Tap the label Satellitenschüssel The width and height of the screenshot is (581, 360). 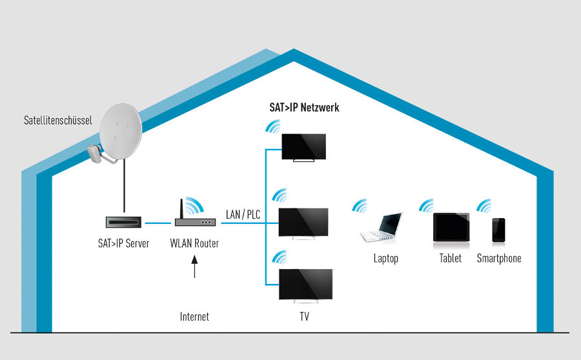(x=56, y=120)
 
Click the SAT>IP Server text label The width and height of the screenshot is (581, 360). (x=120, y=244)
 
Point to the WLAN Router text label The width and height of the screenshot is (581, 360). (x=194, y=244)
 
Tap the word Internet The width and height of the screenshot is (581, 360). (x=194, y=317)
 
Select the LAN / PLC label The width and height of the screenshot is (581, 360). (x=243, y=214)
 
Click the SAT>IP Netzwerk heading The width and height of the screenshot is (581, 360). (x=304, y=108)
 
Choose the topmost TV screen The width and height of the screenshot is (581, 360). (x=305, y=146)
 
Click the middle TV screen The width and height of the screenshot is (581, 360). (x=303, y=223)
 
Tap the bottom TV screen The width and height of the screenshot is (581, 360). (x=305, y=283)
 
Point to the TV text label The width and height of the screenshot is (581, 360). (x=304, y=317)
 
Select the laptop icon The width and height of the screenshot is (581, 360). (x=382, y=227)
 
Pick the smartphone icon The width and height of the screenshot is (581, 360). (x=498, y=230)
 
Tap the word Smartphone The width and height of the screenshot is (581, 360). (x=498, y=259)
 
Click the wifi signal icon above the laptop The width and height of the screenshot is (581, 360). (x=360, y=207)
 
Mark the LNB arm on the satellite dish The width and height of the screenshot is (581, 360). (x=96, y=152)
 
